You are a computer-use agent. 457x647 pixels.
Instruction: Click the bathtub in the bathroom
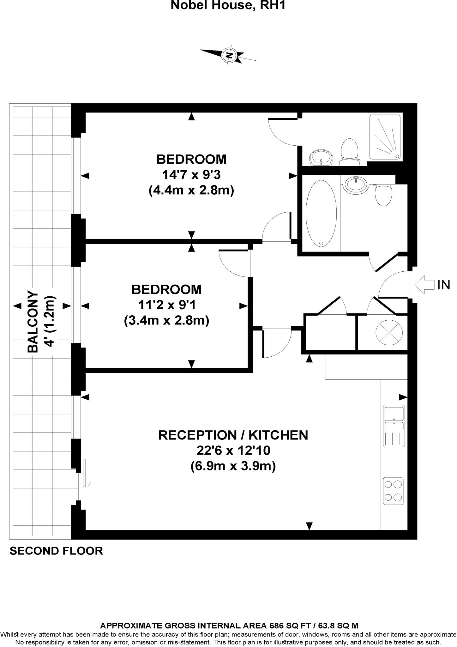(x=321, y=214)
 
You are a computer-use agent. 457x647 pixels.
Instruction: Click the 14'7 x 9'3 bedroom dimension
(x=191, y=175)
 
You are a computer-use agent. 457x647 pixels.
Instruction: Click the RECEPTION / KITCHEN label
(x=233, y=435)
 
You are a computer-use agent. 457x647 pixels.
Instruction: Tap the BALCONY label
(x=33, y=322)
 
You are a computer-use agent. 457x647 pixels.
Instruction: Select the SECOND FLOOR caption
(x=56, y=551)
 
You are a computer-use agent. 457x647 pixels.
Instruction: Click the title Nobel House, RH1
(x=228, y=5)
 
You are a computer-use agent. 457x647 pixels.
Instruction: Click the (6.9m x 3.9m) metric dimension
(x=233, y=466)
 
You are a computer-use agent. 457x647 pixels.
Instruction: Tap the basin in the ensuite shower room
(x=321, y=157)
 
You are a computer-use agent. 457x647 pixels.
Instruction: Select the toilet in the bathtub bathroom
(x=383, y=195)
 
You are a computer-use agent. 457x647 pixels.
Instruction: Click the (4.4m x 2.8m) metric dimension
(x=191, y=190)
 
